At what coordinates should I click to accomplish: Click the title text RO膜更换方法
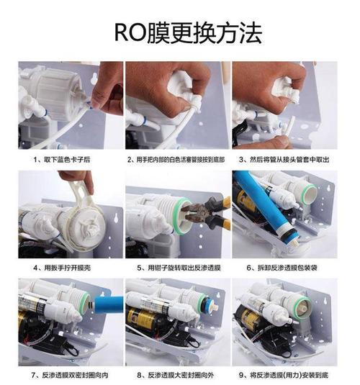(x=188, y=33)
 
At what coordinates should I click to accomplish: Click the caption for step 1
(x=62, y=160)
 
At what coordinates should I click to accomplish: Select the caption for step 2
(x=176, y=160)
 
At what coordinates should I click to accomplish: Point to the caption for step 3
(x=284, y=160)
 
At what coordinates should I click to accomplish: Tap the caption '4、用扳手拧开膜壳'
(x=62, y=268)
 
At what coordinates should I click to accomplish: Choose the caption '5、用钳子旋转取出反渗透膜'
(x=179, y=268)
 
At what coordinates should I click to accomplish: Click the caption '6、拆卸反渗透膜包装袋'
(x=282, y=268)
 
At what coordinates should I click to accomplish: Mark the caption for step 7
(x=70, y=375)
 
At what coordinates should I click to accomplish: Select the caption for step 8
(x=176, y=375)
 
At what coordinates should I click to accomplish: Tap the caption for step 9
(x=284, y=375)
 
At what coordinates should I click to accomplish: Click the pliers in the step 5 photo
(x=207, y=213)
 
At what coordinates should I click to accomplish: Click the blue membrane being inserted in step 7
(x=109, y=305)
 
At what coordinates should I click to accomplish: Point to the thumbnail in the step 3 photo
(x=285, y=140)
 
